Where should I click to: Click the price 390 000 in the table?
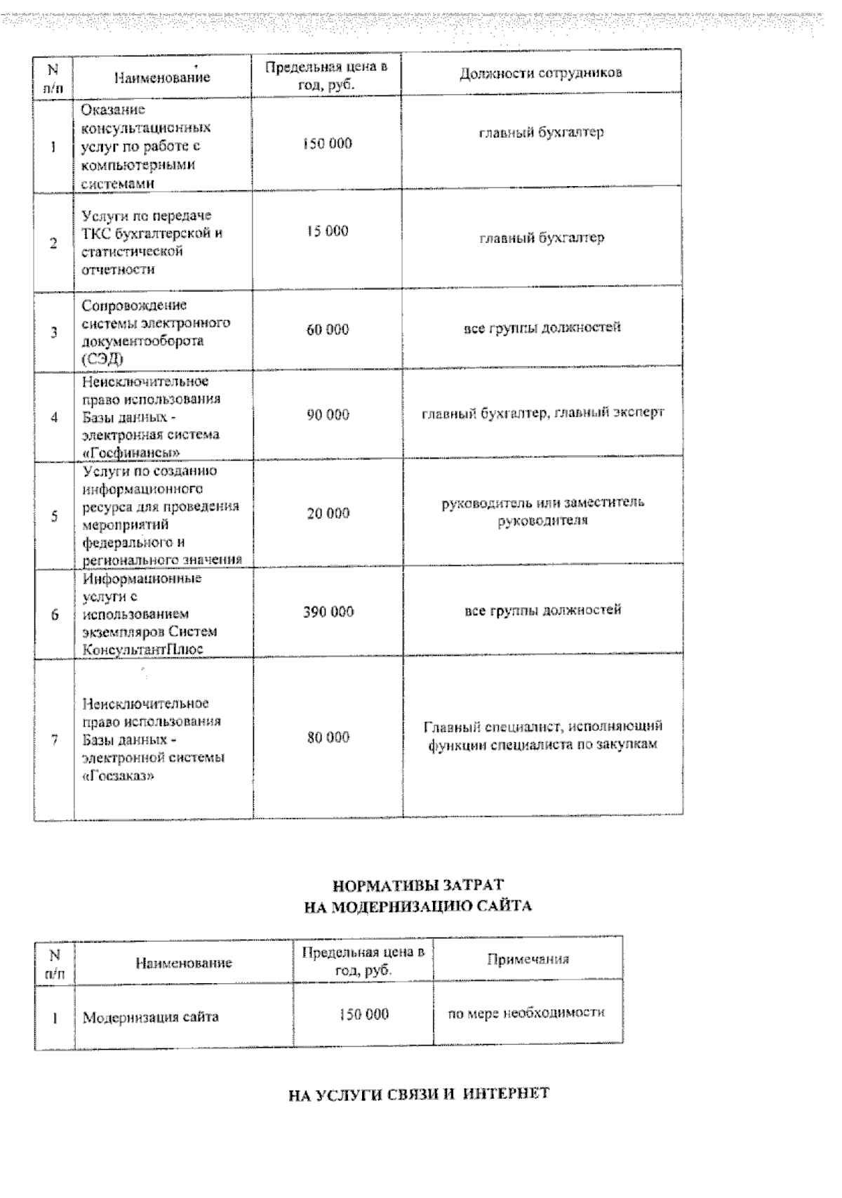[x=328, y=612]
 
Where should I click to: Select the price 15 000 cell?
[x=327, y=232]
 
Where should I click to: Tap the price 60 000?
[x=327, y=330]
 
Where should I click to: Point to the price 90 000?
[x=327, y=415]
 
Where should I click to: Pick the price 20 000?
[x=328, y=513]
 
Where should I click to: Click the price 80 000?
[x=328, y=737]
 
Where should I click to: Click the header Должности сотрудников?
[x=540, y=73]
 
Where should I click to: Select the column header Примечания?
[x=528, y=959]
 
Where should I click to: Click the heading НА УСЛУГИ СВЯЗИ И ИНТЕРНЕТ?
[x=419, y=1094]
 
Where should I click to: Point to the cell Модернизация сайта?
[x=151, y=1017]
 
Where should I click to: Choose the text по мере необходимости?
[x=526, y=1013]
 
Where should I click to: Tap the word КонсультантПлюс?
[x=142, y=650]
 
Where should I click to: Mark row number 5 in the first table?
[x=54, y=517]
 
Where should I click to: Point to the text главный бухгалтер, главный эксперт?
[x=542, y=414]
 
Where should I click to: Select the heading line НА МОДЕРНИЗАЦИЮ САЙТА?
[x=417, y=907]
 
